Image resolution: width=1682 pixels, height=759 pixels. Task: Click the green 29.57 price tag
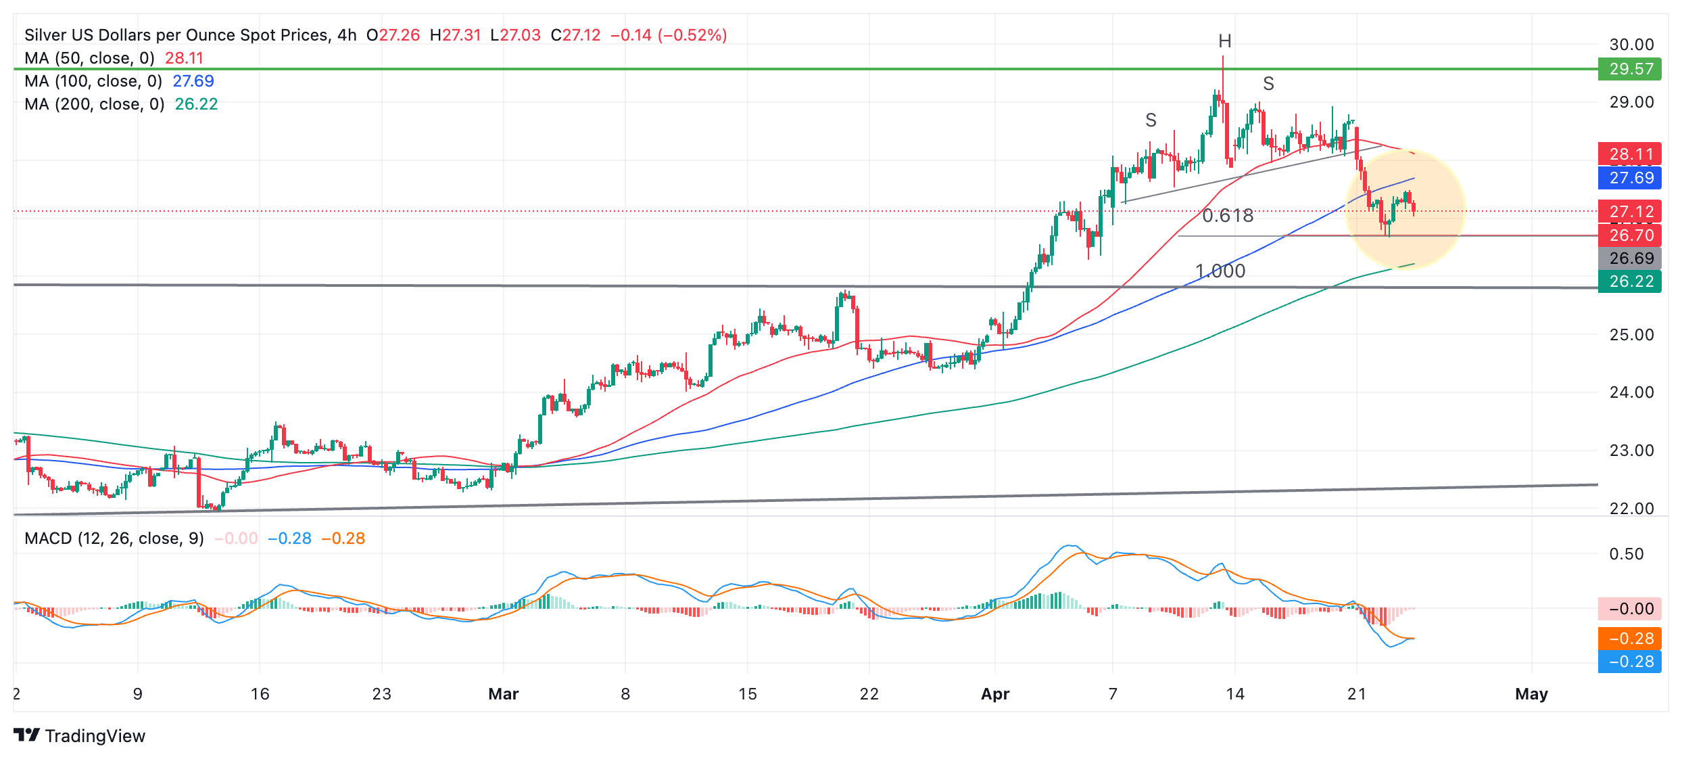pos(1629,69)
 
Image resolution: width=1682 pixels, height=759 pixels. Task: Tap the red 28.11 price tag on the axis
pos(1629,154)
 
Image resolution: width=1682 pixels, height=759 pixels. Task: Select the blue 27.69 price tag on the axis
pos(1629,178)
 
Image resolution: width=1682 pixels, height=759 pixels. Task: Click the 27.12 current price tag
pos(1629,212)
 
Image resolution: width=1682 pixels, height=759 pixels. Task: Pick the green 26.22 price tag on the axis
pos(1629,281)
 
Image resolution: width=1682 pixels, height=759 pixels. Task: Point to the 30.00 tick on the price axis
pos(1631,45)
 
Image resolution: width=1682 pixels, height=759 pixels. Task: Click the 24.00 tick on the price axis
pos(1631,392)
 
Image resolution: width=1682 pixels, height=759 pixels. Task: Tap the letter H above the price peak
pos(1224,42)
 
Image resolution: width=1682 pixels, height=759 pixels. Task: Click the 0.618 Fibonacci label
pos(1228,216)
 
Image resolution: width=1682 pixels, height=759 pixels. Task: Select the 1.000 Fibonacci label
pos(1220,271)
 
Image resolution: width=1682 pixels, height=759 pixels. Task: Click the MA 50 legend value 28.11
pos(184,58)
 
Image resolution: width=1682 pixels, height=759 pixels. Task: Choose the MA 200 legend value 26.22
pos(196,104)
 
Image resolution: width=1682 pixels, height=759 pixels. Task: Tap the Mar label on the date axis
pos(504,694)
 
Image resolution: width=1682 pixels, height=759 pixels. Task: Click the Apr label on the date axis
pos(995,694)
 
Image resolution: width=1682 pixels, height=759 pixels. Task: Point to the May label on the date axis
pos(1531,694)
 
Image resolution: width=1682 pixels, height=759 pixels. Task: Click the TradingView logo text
pos(95,736)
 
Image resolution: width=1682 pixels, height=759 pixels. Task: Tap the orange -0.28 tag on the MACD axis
pos(1629,639)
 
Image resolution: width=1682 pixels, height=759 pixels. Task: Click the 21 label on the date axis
pos(1357,694)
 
